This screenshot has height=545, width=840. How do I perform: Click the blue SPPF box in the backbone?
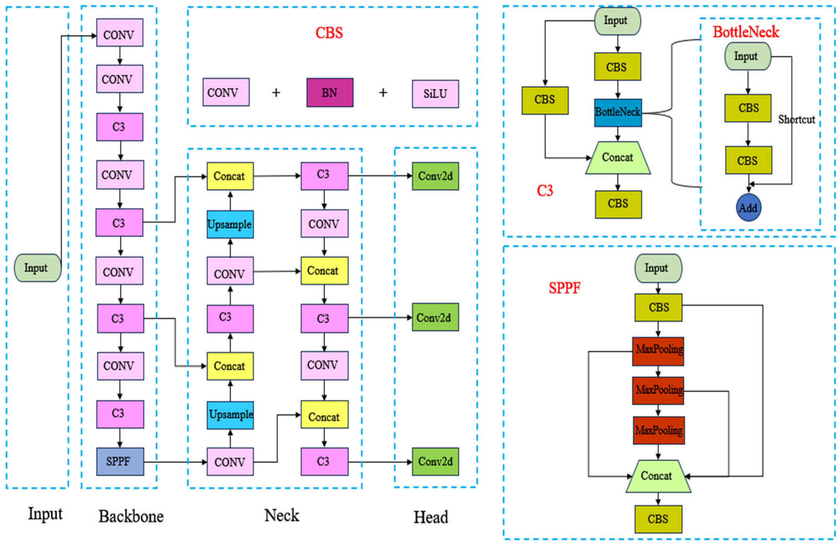120,461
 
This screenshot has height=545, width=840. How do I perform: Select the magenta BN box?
330,93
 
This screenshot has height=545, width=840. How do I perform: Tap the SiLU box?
435,94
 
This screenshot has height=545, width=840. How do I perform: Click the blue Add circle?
748,208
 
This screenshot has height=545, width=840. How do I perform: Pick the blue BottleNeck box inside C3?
618,113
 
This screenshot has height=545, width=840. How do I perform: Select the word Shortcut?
797,120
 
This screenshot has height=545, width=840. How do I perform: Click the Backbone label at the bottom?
131,516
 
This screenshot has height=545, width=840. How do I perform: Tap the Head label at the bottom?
431,517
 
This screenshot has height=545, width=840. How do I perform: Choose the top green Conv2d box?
435,176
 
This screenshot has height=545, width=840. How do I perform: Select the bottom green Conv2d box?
435,461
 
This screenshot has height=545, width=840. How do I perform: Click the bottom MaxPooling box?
659,430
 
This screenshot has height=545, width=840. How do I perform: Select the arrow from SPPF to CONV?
175,462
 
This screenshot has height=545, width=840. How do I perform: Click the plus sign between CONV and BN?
276,93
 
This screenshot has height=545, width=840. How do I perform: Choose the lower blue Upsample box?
230,415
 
